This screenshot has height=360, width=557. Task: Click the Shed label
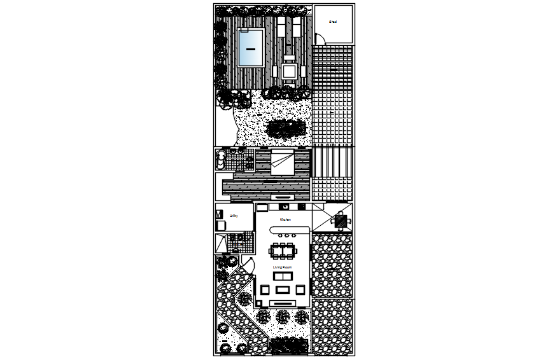(x=332, y=22)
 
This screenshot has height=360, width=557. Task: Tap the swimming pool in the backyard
(x=251, y=48)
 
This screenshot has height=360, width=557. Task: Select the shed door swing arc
(x=320, y=39)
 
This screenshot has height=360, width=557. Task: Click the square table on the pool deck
(x=290, y=71)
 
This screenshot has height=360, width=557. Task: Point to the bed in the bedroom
(x=282, y=162)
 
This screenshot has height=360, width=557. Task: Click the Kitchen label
(x=286, y=220)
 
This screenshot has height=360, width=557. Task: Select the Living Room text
(x=282, y=268)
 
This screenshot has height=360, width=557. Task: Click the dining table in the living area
(x=283, y=250)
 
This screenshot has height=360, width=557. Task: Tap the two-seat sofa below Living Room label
(x=282, y=276)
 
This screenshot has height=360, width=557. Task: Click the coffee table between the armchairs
(x=282, y=290)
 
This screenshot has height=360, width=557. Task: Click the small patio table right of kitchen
(x=341, y=221)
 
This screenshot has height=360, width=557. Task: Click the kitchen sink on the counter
(x=286, y=206)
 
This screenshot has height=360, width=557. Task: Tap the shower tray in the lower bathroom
(x=221, y=244)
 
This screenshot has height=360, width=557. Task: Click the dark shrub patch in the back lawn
(x=285, y=128)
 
